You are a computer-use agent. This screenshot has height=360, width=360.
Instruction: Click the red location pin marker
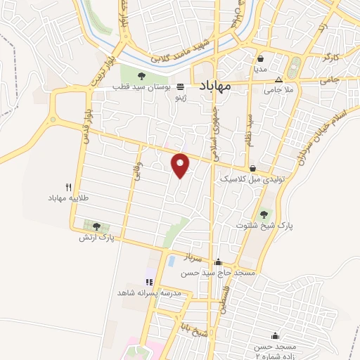coord(181,165)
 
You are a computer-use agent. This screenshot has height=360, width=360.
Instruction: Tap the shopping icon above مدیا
coord(261,59)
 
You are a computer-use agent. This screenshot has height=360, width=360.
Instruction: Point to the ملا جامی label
coord(278,90)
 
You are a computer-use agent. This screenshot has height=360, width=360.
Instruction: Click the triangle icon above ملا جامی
coord(278,79)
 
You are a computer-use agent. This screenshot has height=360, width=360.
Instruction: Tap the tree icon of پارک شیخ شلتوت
coord(264,214)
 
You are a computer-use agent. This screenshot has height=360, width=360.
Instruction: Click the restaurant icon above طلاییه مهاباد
coord(68,187)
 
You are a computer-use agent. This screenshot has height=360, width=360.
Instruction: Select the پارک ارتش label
coord(97,238)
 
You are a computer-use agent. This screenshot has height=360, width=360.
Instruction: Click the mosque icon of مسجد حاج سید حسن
coord(218,262)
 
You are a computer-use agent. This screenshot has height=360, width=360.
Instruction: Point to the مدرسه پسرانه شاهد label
coord(150,292)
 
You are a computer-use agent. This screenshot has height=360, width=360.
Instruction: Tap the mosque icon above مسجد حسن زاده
coord(275,336)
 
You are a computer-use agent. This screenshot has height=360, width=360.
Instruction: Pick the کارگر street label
coord(331,53)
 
